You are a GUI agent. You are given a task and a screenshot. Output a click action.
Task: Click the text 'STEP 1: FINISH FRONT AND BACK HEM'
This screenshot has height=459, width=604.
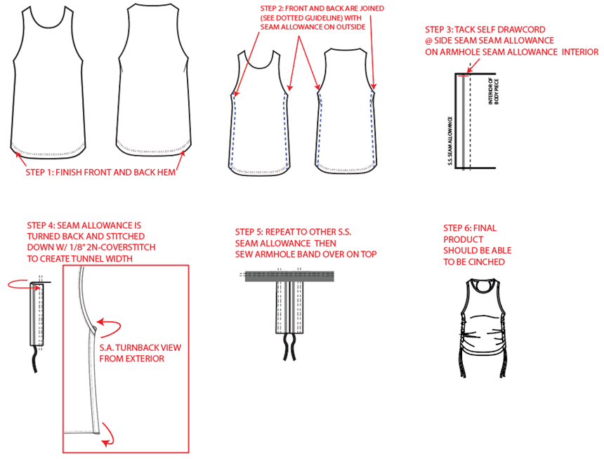click(x=100, y=172)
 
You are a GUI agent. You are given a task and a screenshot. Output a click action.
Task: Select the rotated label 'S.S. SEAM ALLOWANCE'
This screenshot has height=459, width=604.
click(x=450, y=141)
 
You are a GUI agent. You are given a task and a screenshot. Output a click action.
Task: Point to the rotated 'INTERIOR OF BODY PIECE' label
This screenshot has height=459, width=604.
click(x=494, y=92)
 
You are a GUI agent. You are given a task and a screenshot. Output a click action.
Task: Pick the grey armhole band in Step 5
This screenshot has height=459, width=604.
click(x=289, y=277)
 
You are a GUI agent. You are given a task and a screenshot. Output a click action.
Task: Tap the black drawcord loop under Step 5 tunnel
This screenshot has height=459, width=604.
click(x=289, y=347)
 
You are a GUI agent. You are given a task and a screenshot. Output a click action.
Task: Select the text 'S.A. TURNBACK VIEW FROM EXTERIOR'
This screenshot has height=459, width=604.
click(x=140, y=353)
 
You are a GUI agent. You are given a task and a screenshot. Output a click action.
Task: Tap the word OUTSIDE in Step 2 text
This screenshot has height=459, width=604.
click(x=350, y=27)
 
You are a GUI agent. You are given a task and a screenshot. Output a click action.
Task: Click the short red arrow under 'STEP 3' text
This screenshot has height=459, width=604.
click(x=473, y=65)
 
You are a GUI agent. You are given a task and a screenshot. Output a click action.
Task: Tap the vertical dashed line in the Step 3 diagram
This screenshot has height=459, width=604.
click(x=471, y=121)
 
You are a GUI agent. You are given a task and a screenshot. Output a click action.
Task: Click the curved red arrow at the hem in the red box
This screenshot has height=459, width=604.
click(x=109, y=434)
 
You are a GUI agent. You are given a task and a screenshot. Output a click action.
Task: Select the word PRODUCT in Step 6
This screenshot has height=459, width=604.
click(x=463, y=239)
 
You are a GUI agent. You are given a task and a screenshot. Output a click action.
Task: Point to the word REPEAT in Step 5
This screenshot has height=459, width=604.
click(x=280, y=232)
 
